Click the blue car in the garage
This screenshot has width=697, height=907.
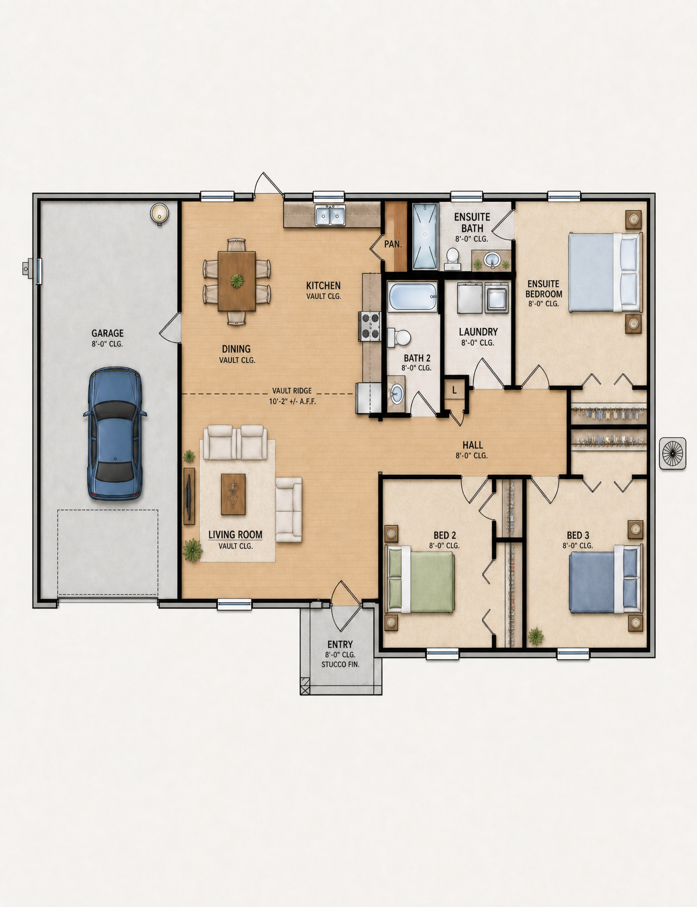[x=115, y=433]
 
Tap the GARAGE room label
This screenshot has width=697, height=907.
[x=108, y=333]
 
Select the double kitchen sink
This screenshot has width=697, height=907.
[x=330, y=215]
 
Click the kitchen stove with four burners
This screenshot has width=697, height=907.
[x=370, y=326]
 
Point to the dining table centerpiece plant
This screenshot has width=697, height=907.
[x=236, y=281]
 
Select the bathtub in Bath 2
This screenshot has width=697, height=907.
[x=412, y=297]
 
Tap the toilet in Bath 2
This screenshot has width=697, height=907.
[x=399, y=337]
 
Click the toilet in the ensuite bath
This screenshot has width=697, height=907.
[x=452, y=258]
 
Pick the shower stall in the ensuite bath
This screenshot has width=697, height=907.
[x=425, y=236]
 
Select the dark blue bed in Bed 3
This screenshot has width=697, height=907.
[x=605, y=580]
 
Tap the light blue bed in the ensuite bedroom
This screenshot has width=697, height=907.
[x=605, y=272]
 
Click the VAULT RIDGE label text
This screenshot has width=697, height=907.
[x=292, y=390]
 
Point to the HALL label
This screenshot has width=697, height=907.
[x=472, y=445]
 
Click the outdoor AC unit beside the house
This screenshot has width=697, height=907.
[x=672, y=453]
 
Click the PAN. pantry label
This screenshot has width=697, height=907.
[x=393, y=244]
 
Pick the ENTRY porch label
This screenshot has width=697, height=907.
[x=340, y=644]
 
